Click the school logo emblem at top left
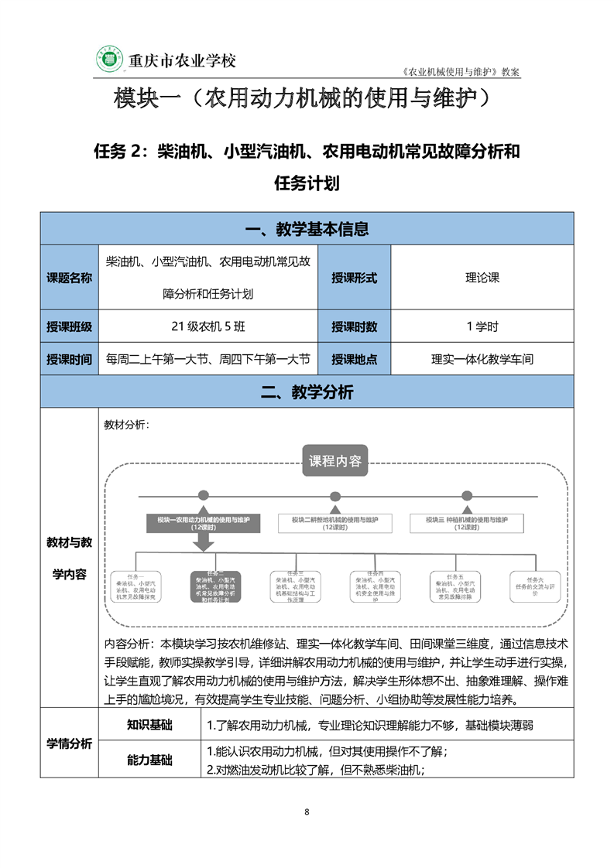109,60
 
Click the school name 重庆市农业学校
181,60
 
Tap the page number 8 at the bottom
307,812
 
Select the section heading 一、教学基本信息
307,229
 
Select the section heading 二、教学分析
307,392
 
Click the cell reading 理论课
482,278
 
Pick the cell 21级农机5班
208,326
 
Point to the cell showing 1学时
482,326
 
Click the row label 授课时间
69,359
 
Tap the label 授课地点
354,359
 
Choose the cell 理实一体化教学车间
482,359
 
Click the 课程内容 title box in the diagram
335,461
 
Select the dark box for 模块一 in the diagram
203,523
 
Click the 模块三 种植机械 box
466,523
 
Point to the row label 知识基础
149,725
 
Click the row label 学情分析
69,743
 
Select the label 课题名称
69,278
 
